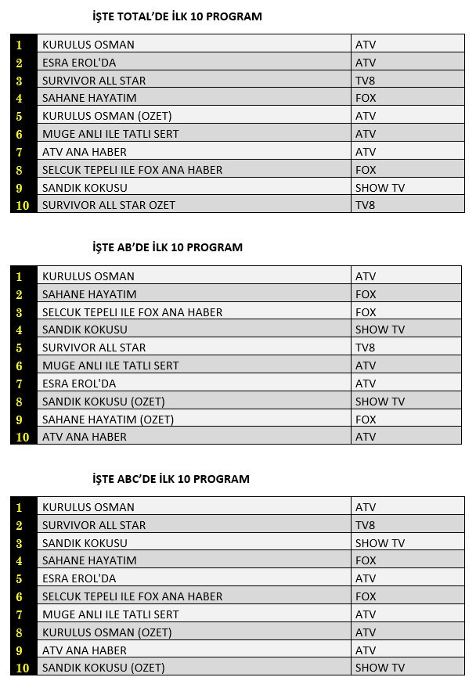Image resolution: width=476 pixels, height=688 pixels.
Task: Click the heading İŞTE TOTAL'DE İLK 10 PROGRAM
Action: click(x=177, y=16)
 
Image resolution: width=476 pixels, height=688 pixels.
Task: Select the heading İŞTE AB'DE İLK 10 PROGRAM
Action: click(x=168, y=247)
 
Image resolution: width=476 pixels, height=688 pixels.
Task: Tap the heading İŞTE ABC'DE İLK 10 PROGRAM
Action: click(x=171, y=479)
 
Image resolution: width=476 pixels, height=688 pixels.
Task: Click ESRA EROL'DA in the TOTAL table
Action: click(x=79, y=63)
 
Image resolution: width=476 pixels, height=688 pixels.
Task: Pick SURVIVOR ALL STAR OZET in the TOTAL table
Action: click(x=109, y=205)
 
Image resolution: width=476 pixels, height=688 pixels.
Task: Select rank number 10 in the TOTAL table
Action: click(x=23, y=205)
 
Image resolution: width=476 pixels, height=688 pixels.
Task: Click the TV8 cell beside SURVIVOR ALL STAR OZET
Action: click(x=366, y=205)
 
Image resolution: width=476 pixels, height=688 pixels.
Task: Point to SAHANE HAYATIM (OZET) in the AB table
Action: click(x=108, y=420)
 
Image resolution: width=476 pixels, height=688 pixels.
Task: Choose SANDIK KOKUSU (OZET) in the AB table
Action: click(x=103, y=402)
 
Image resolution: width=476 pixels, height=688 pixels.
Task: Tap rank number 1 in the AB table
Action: click(x=20, y=276)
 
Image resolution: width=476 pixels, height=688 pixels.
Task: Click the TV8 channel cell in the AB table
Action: click(x=366, y=348)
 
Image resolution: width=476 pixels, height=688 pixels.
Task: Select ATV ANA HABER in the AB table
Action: click(x=85, y=437)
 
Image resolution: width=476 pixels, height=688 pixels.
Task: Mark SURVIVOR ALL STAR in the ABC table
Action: click(x=94, y=525)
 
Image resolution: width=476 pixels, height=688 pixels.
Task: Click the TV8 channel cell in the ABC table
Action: click(x=366, y=525)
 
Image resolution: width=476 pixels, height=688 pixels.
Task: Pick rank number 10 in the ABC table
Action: click(x=23, y=668)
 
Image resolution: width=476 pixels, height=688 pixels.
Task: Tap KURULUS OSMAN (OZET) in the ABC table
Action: click(x=107, y=632)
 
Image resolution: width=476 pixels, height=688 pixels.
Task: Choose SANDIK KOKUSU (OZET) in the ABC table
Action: click(x=103, y=668)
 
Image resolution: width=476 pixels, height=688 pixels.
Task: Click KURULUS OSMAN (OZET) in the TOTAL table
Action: click(x=107, y=116)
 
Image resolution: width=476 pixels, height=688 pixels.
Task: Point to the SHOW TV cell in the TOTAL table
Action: click(x=380, y=188)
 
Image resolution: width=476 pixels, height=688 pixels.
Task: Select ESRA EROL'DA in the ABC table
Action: click(x=79, y=578)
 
